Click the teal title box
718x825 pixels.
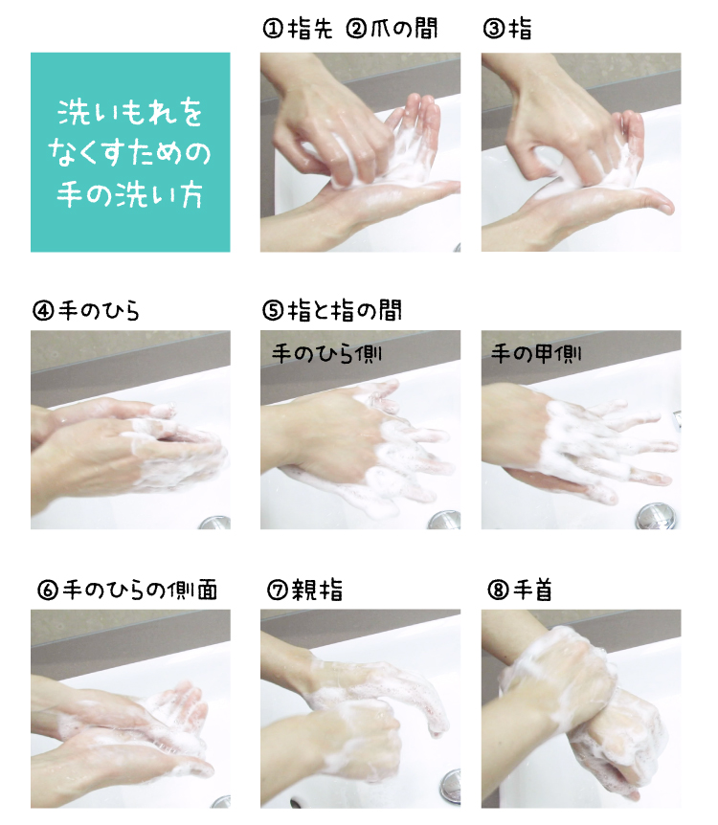coord(130,152)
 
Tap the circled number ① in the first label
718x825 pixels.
coord(273,29)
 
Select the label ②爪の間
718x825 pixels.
coord(392,29)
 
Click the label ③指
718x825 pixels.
coord(507,29)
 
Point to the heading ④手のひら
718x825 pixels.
coord(86,310)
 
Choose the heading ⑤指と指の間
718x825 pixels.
coord(332,310)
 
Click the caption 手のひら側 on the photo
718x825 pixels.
coord(326,353)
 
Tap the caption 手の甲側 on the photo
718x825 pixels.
coord(536,353)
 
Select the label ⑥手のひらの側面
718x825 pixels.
coord(128,590)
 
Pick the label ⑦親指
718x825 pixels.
coord(305,590)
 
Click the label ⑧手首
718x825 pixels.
coord(520,590)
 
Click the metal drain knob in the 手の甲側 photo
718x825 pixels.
coord(656,516)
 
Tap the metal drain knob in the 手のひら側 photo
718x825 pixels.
coord(445,520)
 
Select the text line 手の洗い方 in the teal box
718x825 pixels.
coord(130,194)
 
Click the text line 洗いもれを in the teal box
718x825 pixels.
coord(130,112)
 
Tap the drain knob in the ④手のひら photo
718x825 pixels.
coord(215,523)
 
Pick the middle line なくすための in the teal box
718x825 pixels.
coord(130,153)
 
